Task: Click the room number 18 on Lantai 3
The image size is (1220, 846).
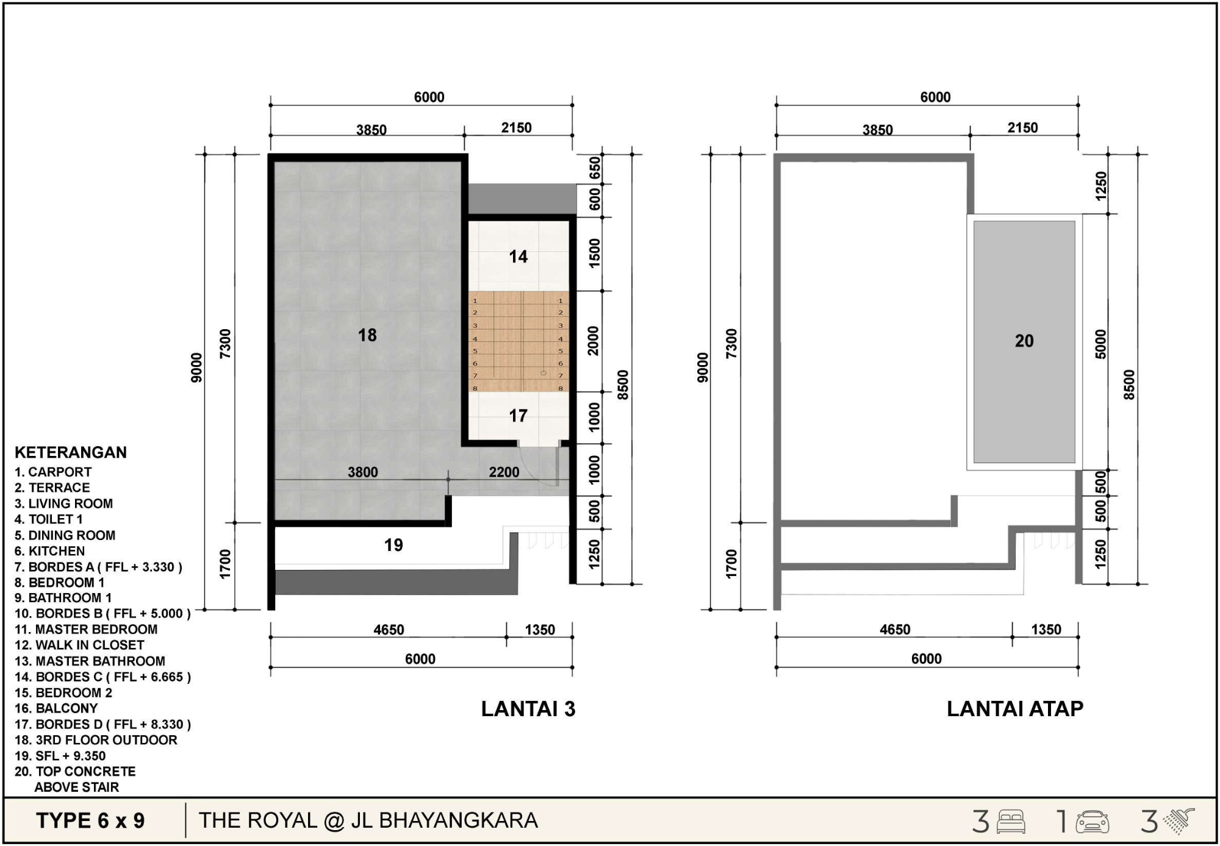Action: (367, 335)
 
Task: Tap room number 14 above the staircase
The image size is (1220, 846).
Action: (518, 257)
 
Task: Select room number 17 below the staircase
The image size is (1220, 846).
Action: (518, 416)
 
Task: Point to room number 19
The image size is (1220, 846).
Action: (393, 545)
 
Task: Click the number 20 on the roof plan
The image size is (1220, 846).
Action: (1024, 341)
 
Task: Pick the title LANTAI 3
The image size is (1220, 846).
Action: (528, 709)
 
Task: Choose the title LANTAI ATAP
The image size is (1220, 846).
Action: (1015, 708)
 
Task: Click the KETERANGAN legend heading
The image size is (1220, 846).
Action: (71, 452)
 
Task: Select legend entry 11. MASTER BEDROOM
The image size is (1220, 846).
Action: (86, 629)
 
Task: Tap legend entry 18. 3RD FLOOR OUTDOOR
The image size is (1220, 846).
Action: (96, 740)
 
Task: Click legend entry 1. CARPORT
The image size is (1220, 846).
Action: (53, 472)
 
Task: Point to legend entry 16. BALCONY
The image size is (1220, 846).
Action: (56, 708)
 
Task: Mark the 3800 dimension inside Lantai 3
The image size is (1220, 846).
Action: (363, 472)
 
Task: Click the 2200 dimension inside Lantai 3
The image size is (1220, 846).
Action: (504, 472)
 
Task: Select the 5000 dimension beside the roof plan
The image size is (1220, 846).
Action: (1100, 344)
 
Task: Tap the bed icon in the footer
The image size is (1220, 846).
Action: (1011, 822)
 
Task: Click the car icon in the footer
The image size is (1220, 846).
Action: (1093, 822)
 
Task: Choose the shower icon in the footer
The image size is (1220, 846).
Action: (1179, 821)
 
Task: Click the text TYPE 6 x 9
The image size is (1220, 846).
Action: (90, 821)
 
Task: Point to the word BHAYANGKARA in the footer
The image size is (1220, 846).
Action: (458, 821)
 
